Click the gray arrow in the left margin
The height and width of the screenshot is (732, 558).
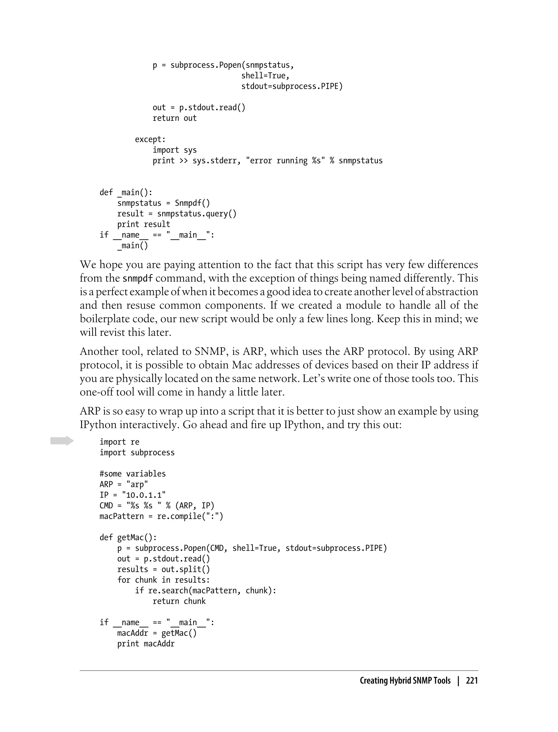pyautogui.click(x=62, y=441)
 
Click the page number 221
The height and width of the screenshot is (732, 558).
pyautogui.click(x=472, y=680)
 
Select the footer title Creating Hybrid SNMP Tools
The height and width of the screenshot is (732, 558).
pyautogui.click(x=405, y=680)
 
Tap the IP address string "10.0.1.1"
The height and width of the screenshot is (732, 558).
pyautogui.click(x=144, y=495)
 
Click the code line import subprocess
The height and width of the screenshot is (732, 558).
pyautogui.click(x=137, y=453)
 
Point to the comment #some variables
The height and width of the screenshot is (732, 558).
pyautogui.click(x=132, y=474)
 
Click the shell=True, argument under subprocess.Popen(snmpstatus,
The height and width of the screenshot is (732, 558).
pyautogui.click(x=265, y=76)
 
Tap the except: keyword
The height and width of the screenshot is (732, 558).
pyautogui.click(x=150, y=139)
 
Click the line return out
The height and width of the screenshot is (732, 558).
pyautogui.click(x=174, y=118)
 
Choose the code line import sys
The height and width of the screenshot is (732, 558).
pyautogui.click(x=174, y=150)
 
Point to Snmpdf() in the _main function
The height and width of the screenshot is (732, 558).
pyautogui.click(x=192, y=203)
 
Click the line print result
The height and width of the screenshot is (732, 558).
pyautogui.click(x=144, y=224)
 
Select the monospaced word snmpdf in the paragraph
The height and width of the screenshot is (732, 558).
pyautogui.click(x=138, y=278)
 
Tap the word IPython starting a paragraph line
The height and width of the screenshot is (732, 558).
pyautogui.click(x=98, y=425)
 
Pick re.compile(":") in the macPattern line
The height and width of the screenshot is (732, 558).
pyautogui.click(x=190, y=516)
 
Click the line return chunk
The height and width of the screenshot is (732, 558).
pyautogui.click(x=179, y=601)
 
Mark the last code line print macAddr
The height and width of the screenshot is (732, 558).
pyautogui.click(x=146, y=644)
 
